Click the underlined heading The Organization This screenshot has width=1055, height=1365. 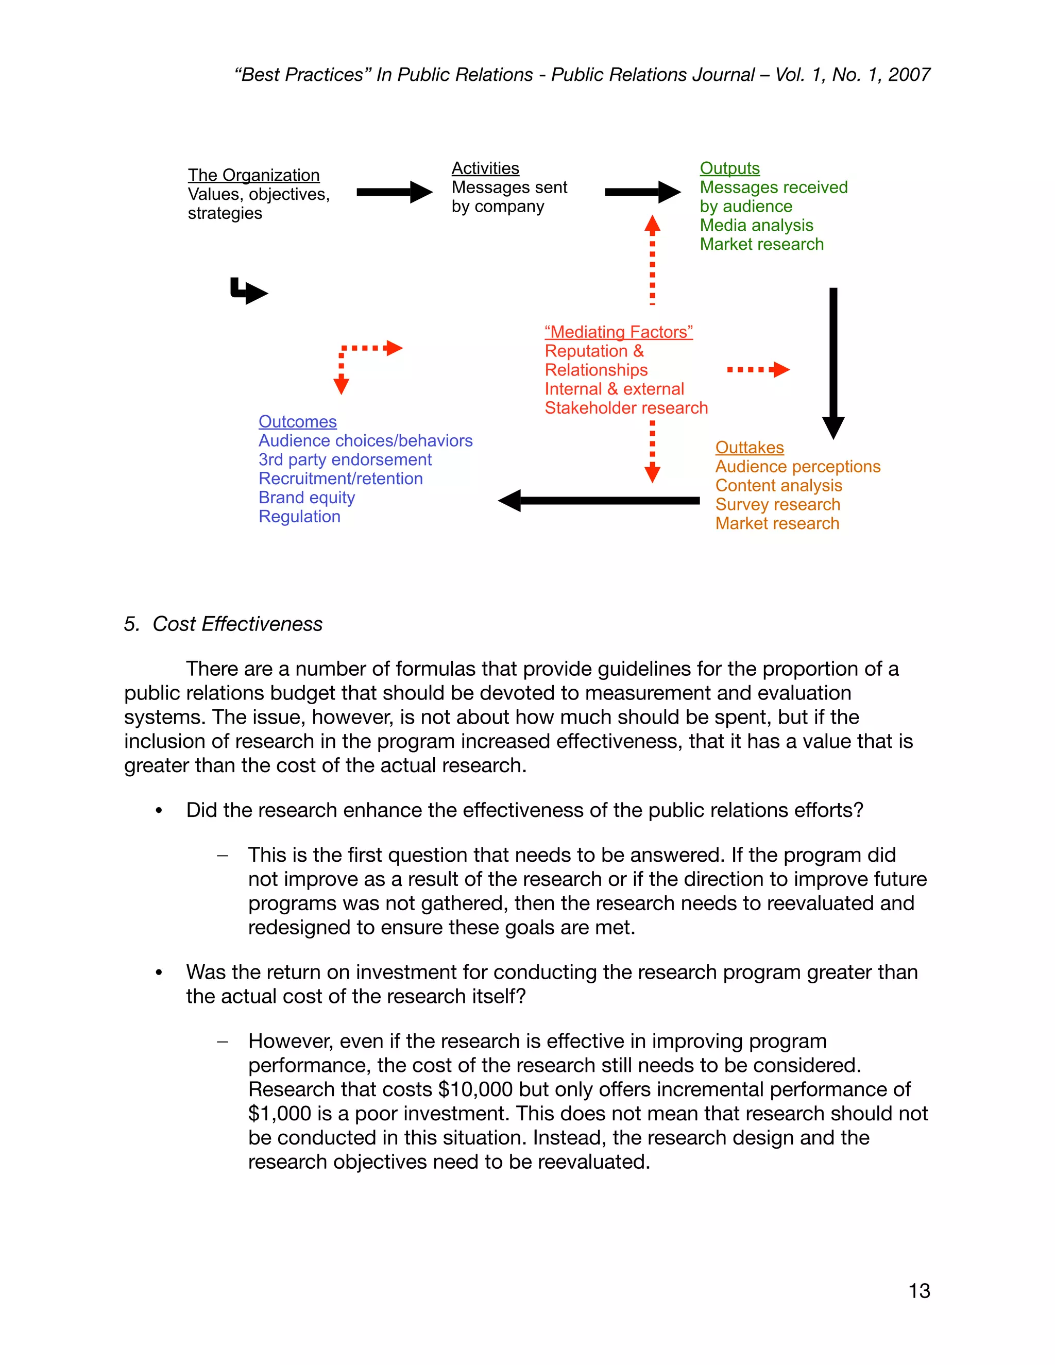point(254,175)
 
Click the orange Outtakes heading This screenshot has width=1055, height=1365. point(750,448)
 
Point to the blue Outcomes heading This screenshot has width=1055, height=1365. point(298,422)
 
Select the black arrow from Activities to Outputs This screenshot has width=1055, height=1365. point(642,192)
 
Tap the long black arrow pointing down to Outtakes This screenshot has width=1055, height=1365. point(833,363)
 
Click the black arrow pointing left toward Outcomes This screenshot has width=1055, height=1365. point(599,500)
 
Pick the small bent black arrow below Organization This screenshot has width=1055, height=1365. point(249,291)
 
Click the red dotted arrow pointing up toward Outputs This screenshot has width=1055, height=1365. point(653,260)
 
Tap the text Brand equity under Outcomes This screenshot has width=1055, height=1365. point(307,498)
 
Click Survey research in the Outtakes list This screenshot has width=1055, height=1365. point(777,504)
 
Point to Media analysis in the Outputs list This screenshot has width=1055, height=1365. point(756,225)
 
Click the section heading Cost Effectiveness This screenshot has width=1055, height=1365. point(237,624)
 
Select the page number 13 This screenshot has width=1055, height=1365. point(919,1291)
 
